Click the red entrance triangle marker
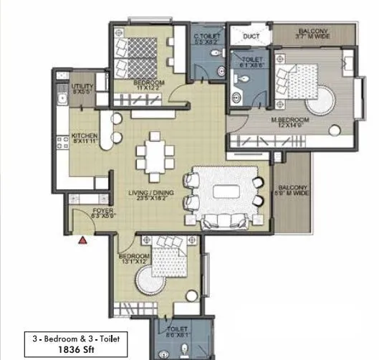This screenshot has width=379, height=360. click(x=83, y=241)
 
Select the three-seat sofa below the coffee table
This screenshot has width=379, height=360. click(x=226, y=222)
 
